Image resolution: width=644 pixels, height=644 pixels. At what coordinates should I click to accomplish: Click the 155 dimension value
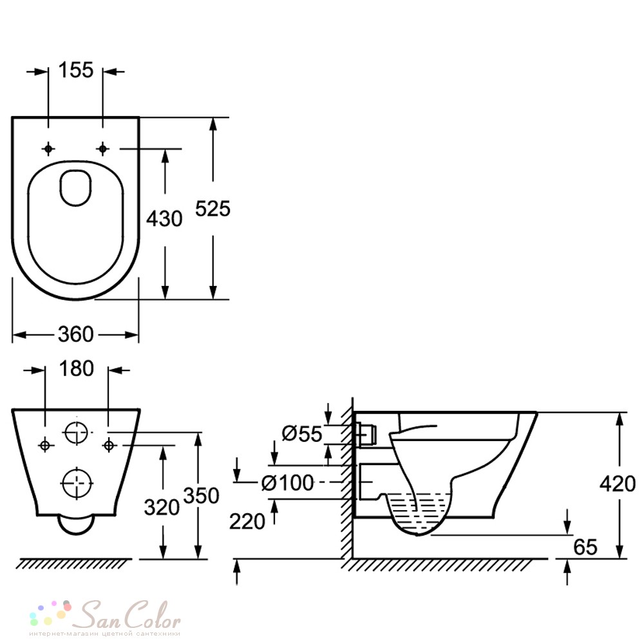[76, 70]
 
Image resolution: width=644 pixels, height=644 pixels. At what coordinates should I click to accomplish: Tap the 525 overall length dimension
[213, 209]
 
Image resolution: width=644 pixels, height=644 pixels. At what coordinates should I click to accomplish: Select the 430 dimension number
[164, 218]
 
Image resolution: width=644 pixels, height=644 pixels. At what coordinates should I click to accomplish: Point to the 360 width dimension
[76, 334]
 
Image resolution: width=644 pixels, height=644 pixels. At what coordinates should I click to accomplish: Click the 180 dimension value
[77, 368]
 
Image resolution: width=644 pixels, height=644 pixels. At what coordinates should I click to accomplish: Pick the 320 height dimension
[162, 507]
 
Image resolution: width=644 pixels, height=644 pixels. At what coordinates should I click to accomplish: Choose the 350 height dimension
[201, 496]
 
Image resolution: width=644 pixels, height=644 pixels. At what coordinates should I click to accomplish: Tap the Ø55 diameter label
[302, 433]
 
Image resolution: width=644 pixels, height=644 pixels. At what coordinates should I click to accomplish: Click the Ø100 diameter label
[287, 482]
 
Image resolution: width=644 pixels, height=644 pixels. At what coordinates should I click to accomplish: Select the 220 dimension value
[247, 522]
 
